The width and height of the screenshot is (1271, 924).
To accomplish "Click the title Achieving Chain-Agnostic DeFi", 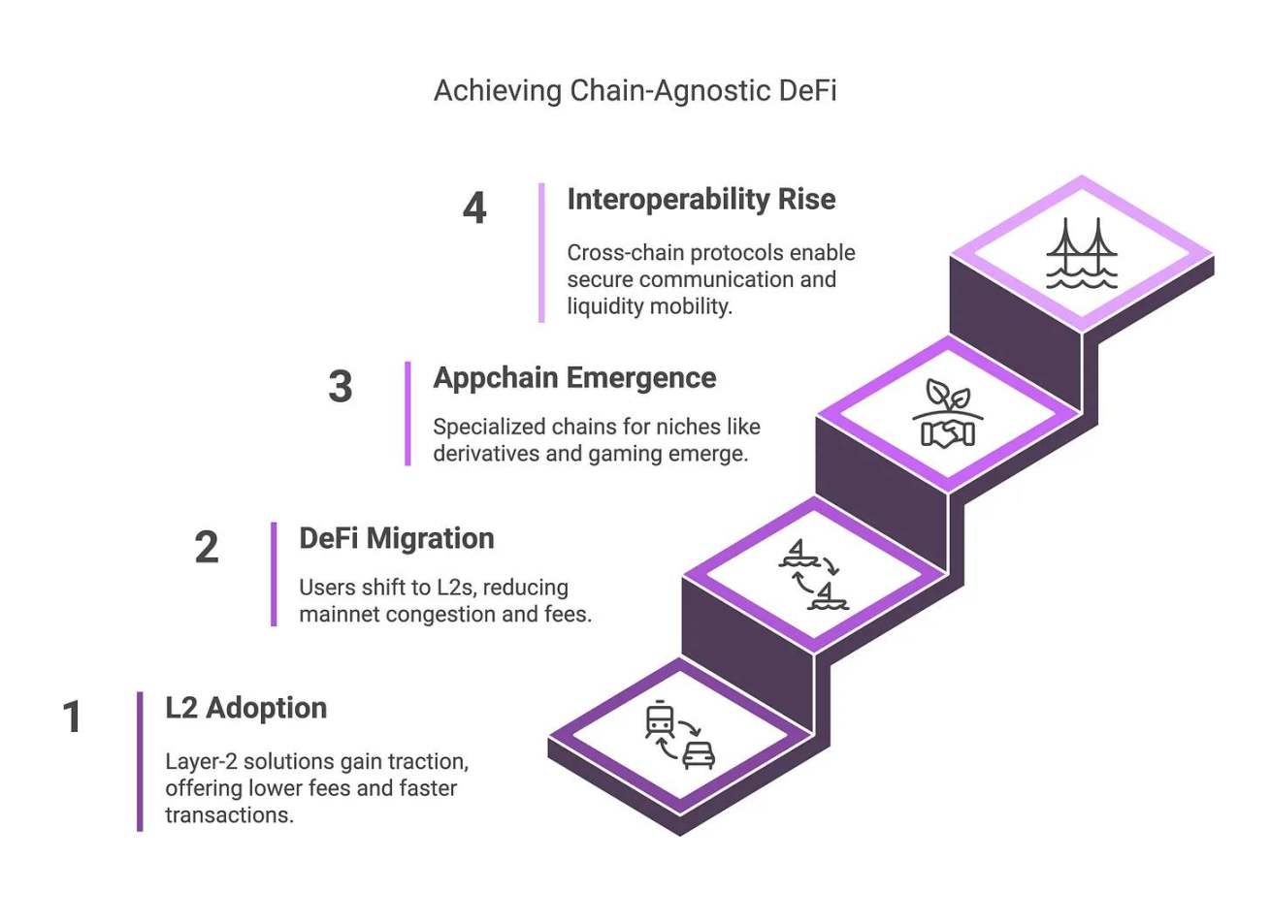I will (635, 90).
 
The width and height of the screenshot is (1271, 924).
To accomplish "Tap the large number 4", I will (474, 207).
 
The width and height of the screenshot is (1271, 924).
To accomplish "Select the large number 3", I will (340, 386).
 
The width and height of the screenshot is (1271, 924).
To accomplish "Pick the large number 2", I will (207, 547).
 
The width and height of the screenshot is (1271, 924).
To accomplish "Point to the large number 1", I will (72, 717).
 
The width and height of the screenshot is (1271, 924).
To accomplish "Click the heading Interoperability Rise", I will (701, 199).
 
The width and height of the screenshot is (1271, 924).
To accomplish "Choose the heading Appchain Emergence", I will (574, 377).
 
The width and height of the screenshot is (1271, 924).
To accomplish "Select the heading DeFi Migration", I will (396, 538).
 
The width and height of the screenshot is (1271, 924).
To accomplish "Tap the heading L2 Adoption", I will (245, 708).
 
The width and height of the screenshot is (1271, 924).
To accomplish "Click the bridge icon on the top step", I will (1081, 253).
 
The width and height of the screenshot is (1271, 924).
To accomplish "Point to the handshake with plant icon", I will (948, 414).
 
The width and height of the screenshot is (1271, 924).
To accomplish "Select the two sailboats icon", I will (813, 574).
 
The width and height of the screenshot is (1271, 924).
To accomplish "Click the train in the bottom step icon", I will (660, 719).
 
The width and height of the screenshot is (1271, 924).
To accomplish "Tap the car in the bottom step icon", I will (699, 753).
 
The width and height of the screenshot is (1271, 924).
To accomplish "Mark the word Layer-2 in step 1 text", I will (201, 761).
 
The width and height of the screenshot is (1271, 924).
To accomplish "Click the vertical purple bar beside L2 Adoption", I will (140, 761).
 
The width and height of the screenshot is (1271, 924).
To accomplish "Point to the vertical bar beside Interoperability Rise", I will (541, 252).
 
